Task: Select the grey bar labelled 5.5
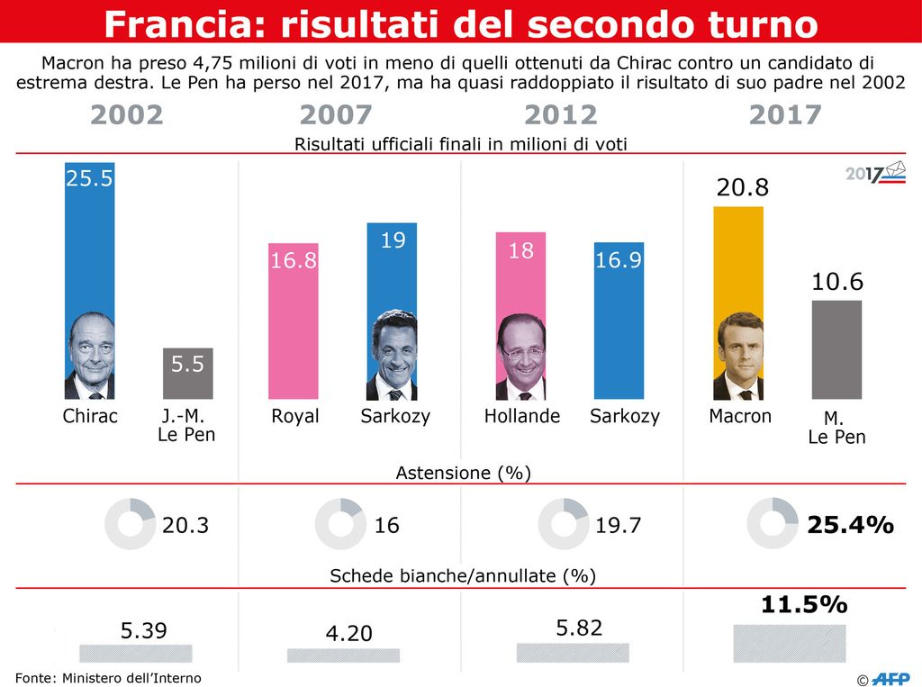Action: (x=187, y=374)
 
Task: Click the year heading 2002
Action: (x=127, y=115)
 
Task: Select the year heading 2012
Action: (x=560, y=115)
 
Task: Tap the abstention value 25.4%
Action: (x=850, y=525)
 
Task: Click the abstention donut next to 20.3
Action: (x=131, y=523)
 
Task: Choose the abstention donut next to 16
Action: (x=340, y=523)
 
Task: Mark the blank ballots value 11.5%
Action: (x=804, y=605)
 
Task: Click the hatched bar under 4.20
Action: (x=343, y=655)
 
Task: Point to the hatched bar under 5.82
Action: (x=573, y=652)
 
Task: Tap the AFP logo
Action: (x=889, y=676)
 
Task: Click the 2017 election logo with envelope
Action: (x=875, y=173)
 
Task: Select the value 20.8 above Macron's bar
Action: (x=742, y=188)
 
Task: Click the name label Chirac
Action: (x=90, y=417)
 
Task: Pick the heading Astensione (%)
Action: (x=463, y=473)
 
